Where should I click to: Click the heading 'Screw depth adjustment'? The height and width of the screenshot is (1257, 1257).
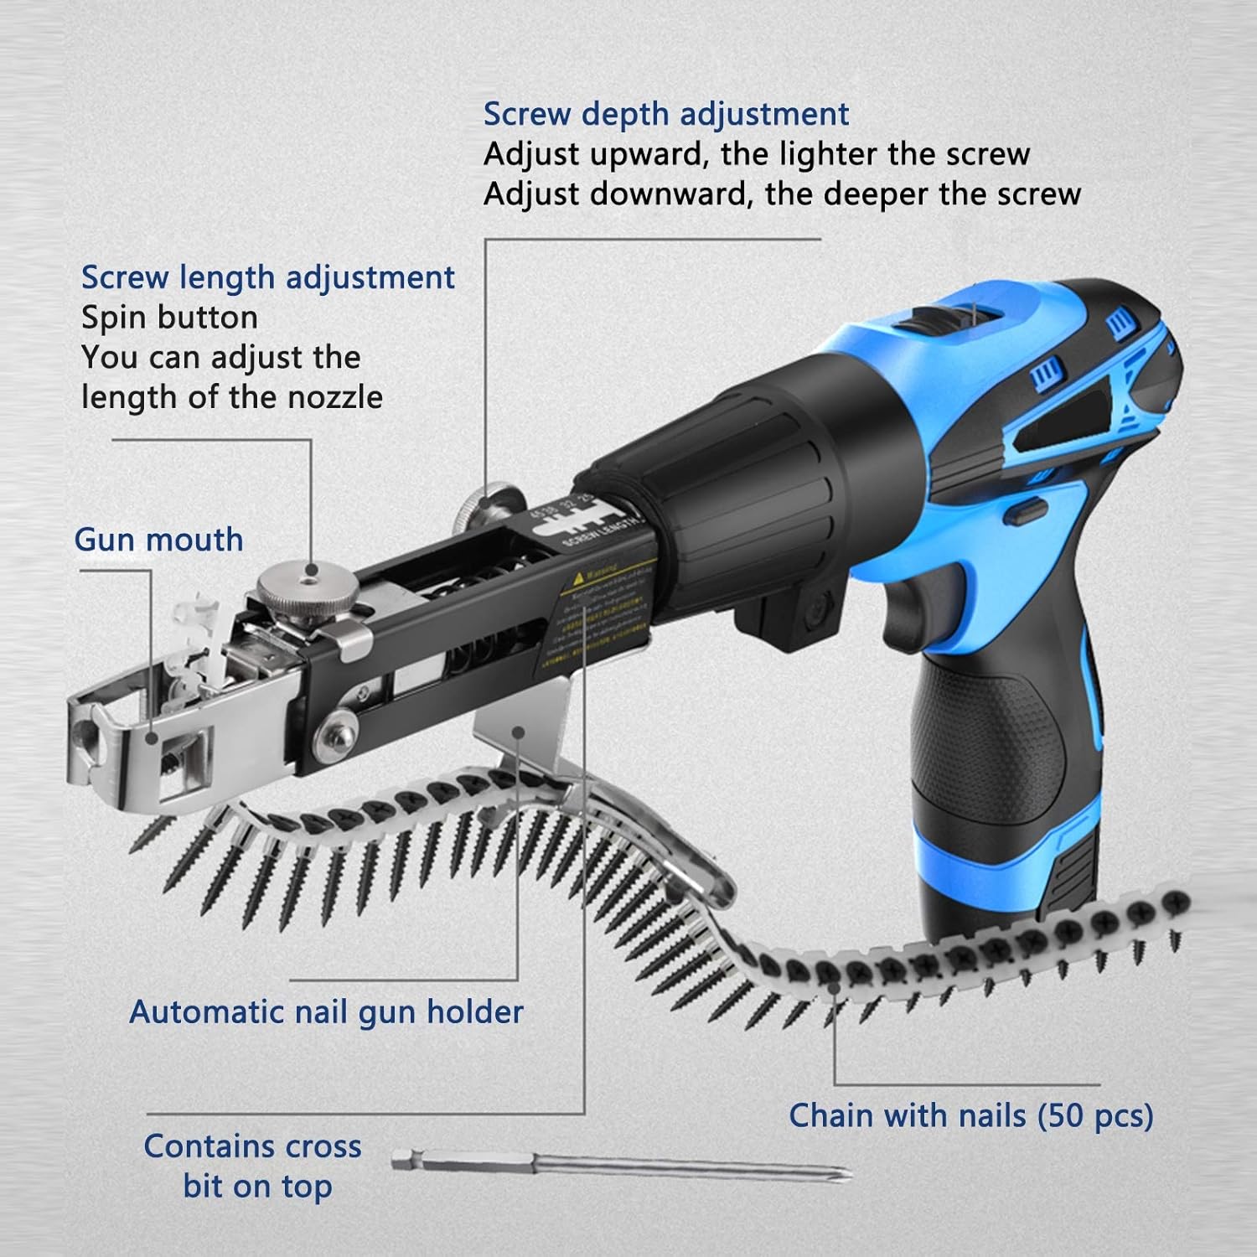coord(666,115)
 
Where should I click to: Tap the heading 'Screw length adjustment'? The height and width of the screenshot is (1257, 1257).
coord(267,277)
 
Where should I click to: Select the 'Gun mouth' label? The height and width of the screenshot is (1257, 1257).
coord(158,540)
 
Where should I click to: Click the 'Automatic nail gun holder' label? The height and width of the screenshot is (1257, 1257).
coord(326,1012)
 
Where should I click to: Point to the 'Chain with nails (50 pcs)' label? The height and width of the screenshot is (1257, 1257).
coord(970,1116)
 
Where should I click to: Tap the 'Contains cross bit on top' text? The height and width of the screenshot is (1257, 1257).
coord(253,1166)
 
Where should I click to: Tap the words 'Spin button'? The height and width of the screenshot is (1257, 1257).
coord(169,318)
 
